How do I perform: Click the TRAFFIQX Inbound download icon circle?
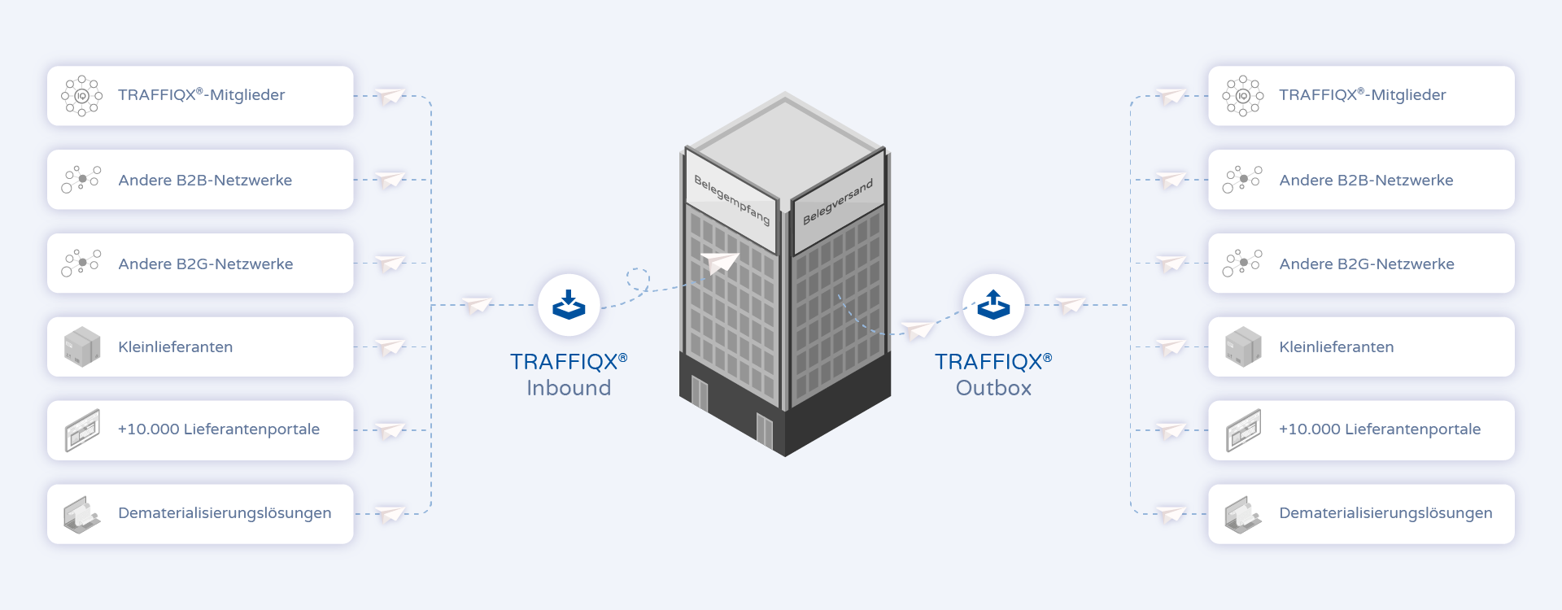pos(569,305)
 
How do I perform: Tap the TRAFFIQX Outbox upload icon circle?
pos(993,305)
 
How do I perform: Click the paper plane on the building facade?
pos(720,263)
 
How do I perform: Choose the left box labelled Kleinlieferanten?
pos(200,346)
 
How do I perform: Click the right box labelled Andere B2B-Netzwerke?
pos(1361,180)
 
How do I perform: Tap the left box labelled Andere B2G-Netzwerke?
pos(200,264)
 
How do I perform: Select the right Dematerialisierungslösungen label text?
pos(1385,513)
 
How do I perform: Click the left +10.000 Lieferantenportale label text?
pos(219,429)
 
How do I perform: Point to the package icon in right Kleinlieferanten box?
pos(1243,347)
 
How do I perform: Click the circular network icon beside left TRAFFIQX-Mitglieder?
pos(81,96)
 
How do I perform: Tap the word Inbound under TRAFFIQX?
pos(569,388)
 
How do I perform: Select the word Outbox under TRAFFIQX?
pos(993,388)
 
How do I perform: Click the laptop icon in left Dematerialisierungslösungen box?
pos(82,515)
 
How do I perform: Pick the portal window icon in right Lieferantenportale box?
pos(1243,430)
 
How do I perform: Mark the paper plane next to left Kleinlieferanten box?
pos(390,346)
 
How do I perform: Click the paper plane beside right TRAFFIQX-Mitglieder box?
pos(1171,95)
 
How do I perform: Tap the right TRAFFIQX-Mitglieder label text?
pos(1362,95)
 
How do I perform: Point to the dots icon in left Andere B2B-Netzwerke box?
pos(81,180)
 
